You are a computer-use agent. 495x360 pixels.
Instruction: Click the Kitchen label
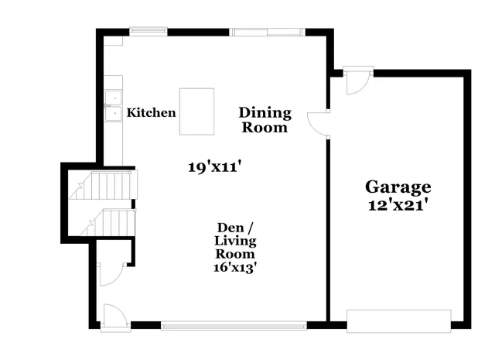click(x=152, y=113)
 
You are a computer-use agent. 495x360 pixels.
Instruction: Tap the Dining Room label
click(x=265, y=120)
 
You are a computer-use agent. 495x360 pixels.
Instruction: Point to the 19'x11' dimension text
click(x=220, y=166)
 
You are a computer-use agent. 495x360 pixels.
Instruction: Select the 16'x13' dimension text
click(x=235, y=267)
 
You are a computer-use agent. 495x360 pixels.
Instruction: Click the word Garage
click(x=398, y=187)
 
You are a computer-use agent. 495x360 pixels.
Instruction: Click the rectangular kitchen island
click(x=197, y=111)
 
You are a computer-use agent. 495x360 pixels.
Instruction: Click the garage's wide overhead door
click(x=398, y=320)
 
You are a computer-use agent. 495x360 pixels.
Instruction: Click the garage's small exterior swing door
click(x=359, y=81)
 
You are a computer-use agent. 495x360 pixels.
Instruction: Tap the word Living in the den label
click(x=235, y=241)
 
